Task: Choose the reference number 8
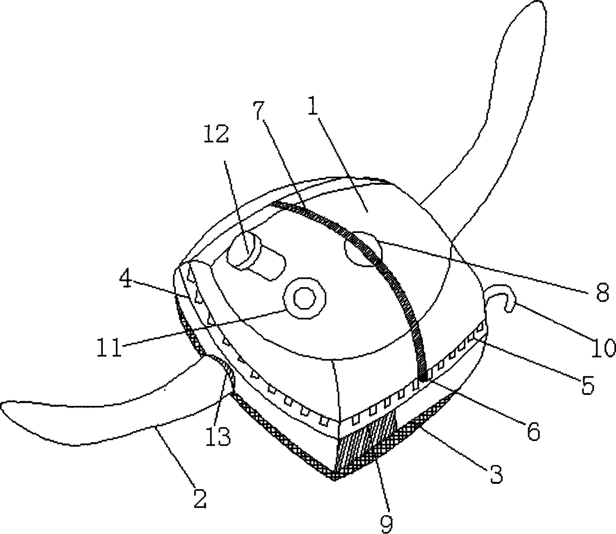[602, 293]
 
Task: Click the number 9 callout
[386, 521]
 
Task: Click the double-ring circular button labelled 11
[304, 299]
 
